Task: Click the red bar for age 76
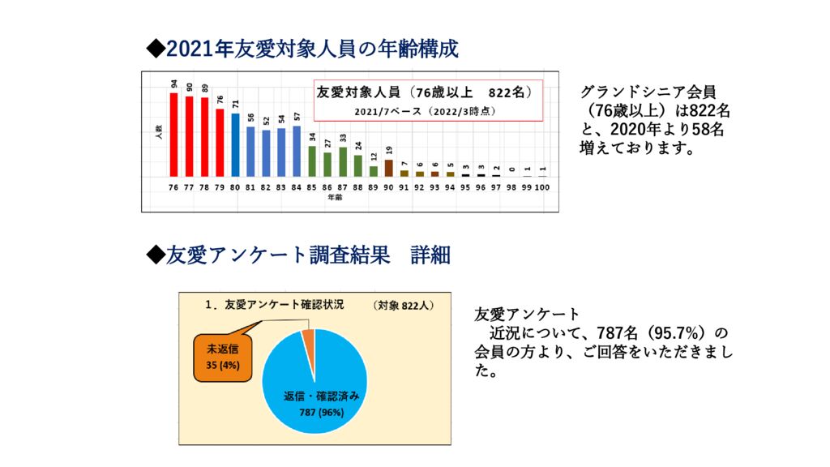click(x=173, y=135)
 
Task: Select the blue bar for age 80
click(x=236, y=145)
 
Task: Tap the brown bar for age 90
click(x=388, y=168)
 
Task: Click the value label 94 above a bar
click(x=173, y=84)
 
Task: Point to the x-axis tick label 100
click(x=542, y=187)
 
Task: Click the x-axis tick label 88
click(x=357, y=187)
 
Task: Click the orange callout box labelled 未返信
click(x=222, y=357)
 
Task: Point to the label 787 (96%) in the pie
click(x=322, y=411)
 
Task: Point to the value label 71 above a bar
click(x=236, y=104)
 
